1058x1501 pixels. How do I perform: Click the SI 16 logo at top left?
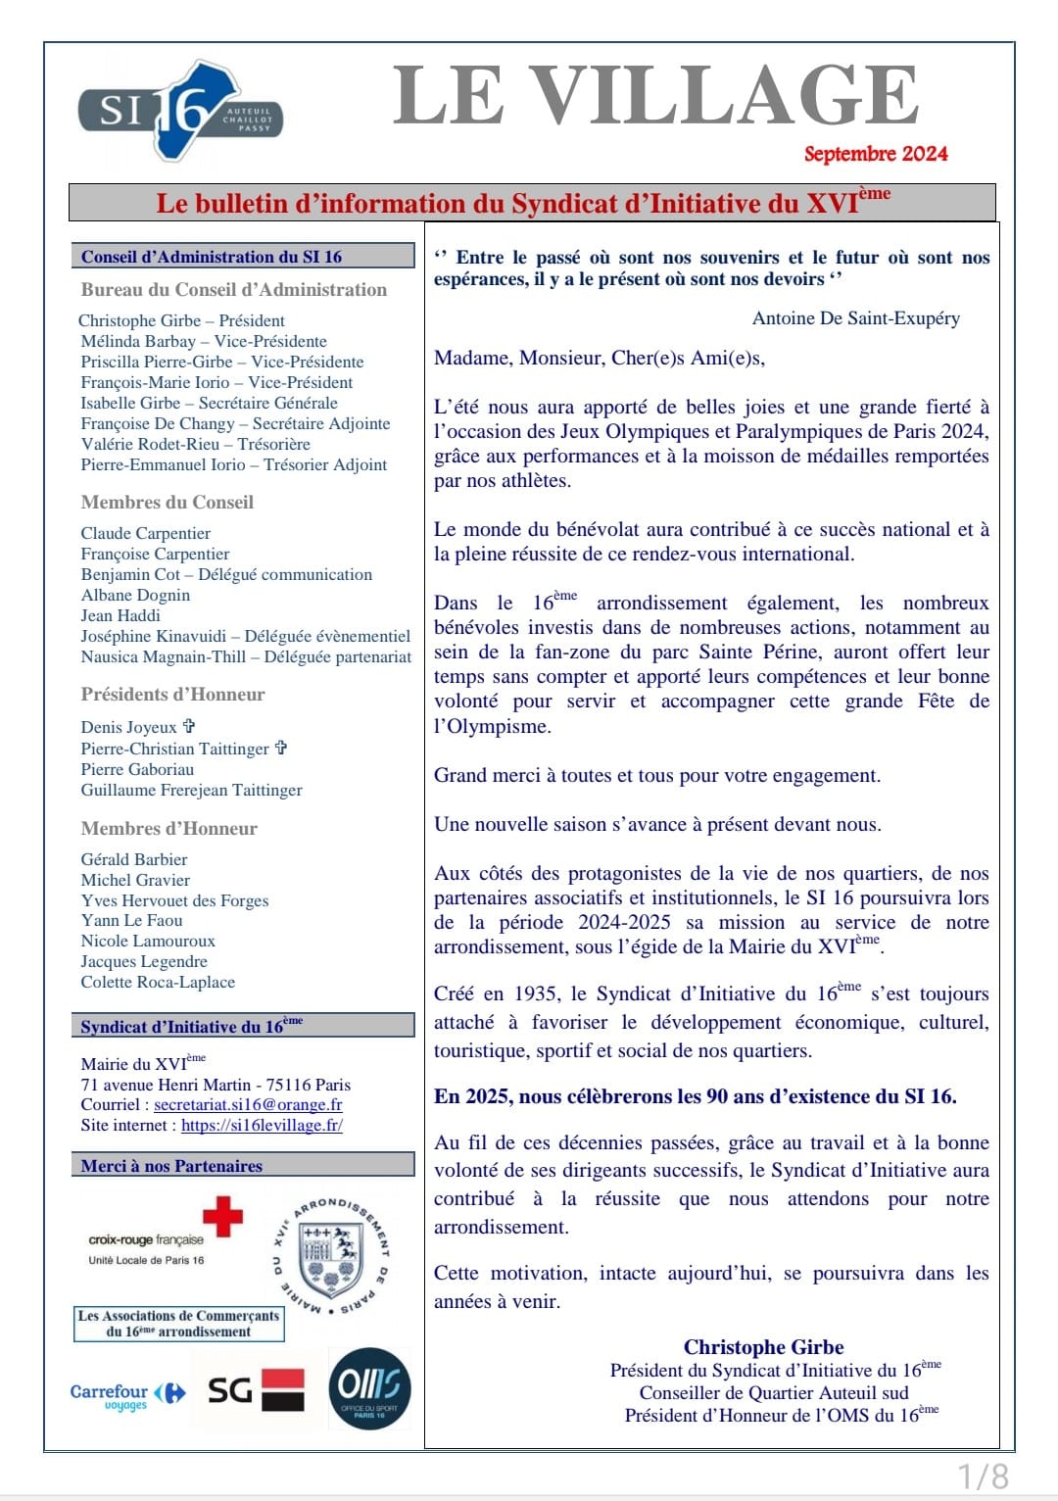[x=179, y=111]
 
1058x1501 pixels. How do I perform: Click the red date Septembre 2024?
[x=875, y=154]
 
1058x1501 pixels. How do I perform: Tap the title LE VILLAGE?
[x=655, y=96]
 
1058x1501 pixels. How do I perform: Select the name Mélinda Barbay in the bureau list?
[x=138, y=341]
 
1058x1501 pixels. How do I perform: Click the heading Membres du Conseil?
[x=168, y=502]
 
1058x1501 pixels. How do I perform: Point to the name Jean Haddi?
[x=120, y=615]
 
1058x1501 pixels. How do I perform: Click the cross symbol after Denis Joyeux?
[x=189, y=726]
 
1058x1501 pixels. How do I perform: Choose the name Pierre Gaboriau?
[x=137, y=769]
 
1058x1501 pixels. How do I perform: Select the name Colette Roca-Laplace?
[x=158, y=982]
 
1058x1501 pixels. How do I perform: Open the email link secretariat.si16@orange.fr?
[x=248, y=1104]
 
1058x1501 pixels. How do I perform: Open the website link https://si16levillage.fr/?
[x=262, y=1125]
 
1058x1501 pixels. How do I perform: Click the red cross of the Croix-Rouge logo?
[x=222, y=1217]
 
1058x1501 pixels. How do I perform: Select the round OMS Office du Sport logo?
[x=369, y=1388]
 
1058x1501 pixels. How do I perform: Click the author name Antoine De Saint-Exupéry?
[x=855, y=318]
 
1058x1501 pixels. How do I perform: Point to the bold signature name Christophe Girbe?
[x=763, y=1347]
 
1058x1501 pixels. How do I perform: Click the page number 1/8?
[x=982, y=1476]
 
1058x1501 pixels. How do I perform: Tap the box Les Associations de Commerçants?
[x=179, y=1324]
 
